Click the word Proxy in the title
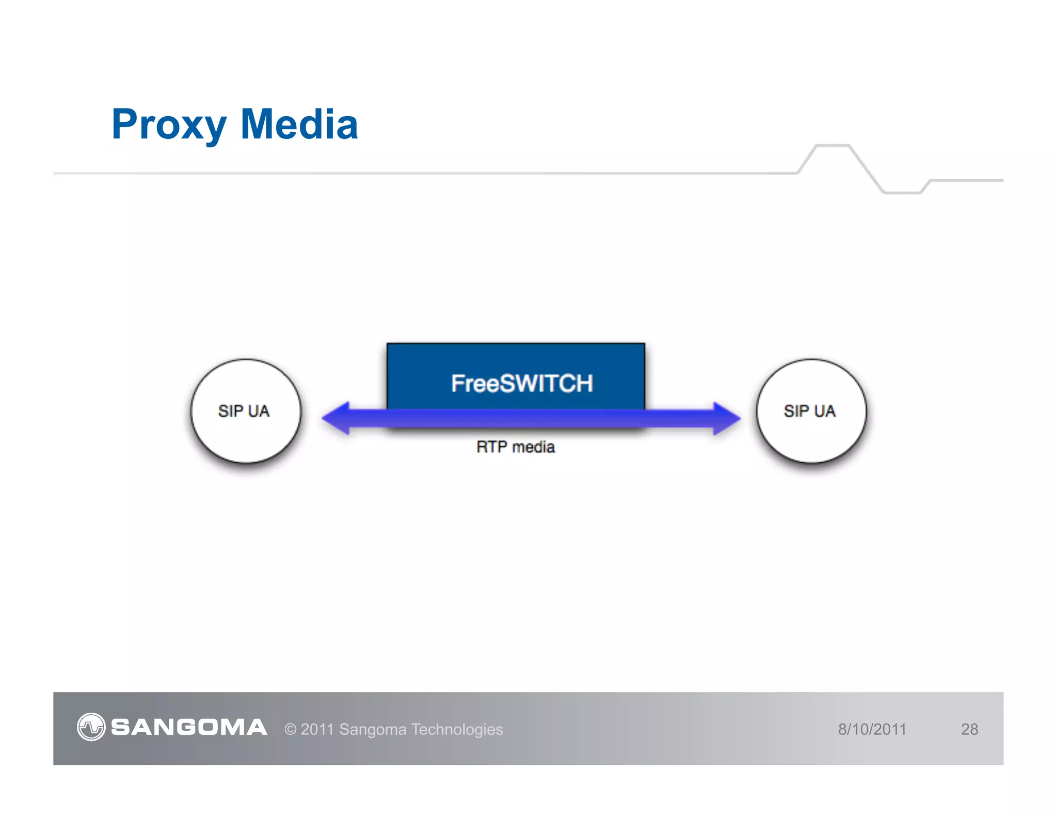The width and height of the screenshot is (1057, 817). pyautogui.click(x=169, y=125)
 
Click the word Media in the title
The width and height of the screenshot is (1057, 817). pyautogui.click(x=299, y=125)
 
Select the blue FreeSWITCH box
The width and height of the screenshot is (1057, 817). pyautogui.click(x=516, y=376)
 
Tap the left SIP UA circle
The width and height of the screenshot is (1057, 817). pyautogui.click(x=245, y=411)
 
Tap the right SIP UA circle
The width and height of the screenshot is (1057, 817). pyautogui.click(x=811, y=411)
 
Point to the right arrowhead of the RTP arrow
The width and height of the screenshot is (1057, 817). pyautogui.click(x=726, y=418)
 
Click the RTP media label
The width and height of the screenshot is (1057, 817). pyautogui.click(x=516, y=447)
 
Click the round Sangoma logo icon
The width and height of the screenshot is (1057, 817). pyautogui.click(x=91, y=727)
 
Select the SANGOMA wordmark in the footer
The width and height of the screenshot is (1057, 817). pyautogui.click(x=189, y=727)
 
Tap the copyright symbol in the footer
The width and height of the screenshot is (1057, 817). pyautogui.click(x=291, y=729)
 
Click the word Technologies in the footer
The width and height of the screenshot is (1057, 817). pyautogui.click(x=457, y=729)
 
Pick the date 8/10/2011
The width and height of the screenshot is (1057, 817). pyautogui.click(x=872, y=729)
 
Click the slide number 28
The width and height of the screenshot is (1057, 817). pyautogui.click(x=969, y=729)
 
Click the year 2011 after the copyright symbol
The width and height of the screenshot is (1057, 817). pyautogui.click(x=317, y=729)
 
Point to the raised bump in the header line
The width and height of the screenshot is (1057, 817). pyautogui.click(x=832, y=147)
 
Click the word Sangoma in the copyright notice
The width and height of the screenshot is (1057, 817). pyautogui.click(x=373, y=729)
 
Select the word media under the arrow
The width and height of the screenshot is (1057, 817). pyautogui.click(x=534, y=447)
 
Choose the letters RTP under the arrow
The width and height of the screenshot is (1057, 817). pyautogui.click(x=491, y=447)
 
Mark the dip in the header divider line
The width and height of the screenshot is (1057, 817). pyautogui.click(x=902, y=192)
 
